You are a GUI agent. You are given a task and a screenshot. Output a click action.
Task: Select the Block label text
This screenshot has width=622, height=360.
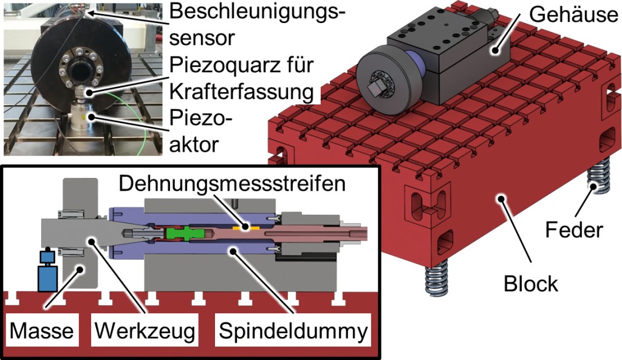point(530,282)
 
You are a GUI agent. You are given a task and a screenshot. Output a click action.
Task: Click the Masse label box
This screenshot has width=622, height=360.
point(41,331)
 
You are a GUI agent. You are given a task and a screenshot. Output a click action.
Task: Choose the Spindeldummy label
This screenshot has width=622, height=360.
point(293,331)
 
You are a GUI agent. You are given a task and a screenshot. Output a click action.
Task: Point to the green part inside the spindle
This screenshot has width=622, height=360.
point(182,233)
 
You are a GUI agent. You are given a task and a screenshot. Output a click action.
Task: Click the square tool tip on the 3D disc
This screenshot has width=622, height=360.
point(377,88)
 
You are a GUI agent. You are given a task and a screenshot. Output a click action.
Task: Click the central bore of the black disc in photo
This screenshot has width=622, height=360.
point(78,72)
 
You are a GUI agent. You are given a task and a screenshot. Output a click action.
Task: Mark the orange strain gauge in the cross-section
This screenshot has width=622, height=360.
point(247,228)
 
